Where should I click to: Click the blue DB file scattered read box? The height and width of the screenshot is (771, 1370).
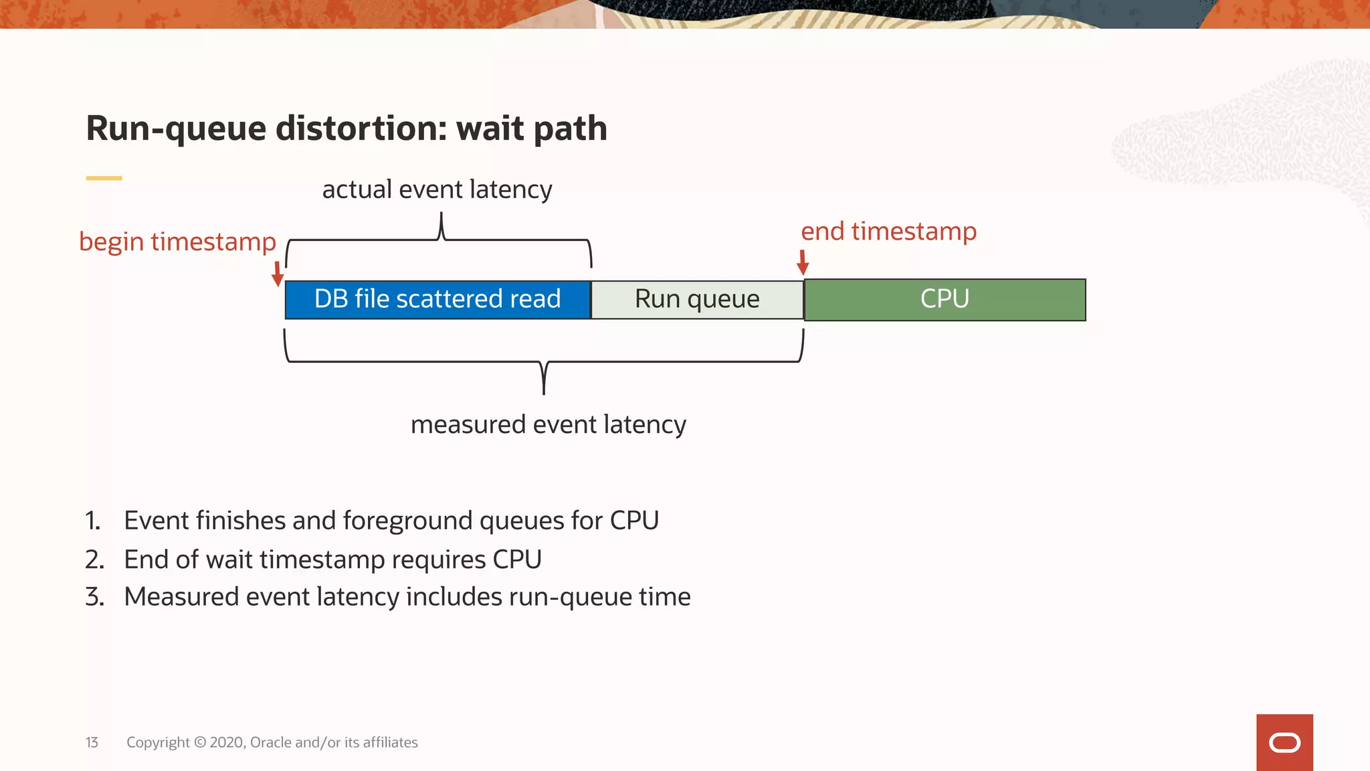pyautogui.click(x=437, y=299)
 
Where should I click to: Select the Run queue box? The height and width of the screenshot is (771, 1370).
pyautogui.click(x=697, y=299)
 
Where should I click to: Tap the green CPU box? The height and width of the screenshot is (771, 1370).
pyautogui.click(x=945, y=299)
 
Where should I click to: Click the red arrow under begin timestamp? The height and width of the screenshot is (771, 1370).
pyautogui.click(x=278, y=273)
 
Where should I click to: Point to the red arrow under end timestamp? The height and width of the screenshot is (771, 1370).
pyautogui.click(x=803, y=262)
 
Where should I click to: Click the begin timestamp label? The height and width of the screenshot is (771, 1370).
pyautogui.click(x=177, y=242)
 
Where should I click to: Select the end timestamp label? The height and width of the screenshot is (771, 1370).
pyautogui.click(x=888, y=232)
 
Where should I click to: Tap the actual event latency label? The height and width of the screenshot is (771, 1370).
pyautogui.click(x=437, y=189)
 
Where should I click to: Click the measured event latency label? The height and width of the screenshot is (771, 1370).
pyautogui.click(x=548, y=424)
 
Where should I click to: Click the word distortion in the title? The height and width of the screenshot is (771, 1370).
pyautogui.click(x=361, y=128)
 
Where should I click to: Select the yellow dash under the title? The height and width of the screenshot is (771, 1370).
pyautogui.click(x=104, y=178)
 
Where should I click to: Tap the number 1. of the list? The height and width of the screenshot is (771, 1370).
pyautogui.click(x=93, y=521)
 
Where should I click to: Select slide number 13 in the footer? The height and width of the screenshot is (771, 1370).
pyautogui.click(x=92, y=742)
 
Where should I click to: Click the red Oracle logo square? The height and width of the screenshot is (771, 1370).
pyautogui.click(x=1284, y=742)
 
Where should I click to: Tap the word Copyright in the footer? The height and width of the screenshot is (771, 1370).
pyautogui.click(x=158, y=742)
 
